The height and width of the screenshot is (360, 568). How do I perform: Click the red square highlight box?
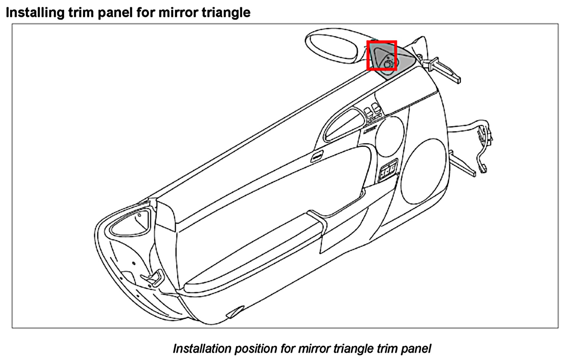click(381, 55)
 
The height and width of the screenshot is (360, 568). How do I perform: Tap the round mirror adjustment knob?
click(388, 64)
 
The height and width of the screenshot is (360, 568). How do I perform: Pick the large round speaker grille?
click(423, 172)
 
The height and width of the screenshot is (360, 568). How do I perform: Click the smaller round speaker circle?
click(389, 137)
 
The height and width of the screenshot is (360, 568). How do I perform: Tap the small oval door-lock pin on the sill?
click(317, 157)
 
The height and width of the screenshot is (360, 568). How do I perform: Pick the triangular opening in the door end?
click(130, 222)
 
